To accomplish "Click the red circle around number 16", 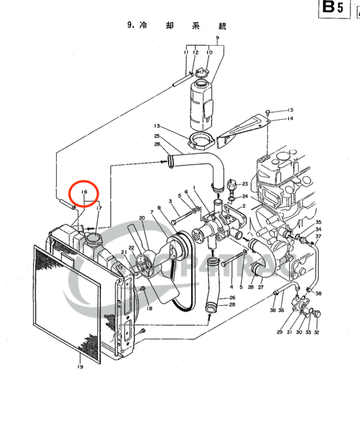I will (84, 192).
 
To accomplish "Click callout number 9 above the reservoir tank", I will (217, 39).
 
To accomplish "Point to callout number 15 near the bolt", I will (290, 110).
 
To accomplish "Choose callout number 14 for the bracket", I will (290, 119).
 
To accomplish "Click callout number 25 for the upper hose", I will (157, 136).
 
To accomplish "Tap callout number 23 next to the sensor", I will (245, 184).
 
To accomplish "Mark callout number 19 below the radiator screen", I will (80, 366).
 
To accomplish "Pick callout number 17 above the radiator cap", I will (99, 208).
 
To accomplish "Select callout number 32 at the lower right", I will (316, 332).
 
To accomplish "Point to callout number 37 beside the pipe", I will (319, 236).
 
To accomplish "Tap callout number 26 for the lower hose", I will (232, 298).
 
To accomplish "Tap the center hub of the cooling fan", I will (142, 268).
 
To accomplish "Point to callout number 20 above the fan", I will (142, 218).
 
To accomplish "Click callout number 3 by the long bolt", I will (170, 201).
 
